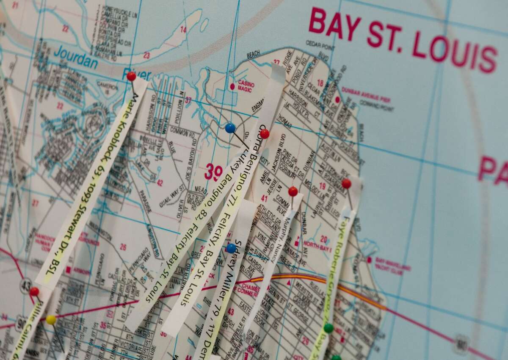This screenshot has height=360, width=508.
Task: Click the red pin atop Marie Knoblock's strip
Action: [131, 76]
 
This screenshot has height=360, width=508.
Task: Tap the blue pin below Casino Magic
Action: [230, 128]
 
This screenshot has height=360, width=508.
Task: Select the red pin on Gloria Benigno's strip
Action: [265, 134]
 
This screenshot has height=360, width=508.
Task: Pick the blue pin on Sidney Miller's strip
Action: [231, 248]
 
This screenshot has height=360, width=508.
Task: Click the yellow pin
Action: [51, 320]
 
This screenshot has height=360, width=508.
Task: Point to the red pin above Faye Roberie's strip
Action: [346, 183]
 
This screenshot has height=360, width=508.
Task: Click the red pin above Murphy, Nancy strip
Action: [293, 191]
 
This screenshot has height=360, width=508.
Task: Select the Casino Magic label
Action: [246, 86]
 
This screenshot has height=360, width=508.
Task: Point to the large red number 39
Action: [213, 172]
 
